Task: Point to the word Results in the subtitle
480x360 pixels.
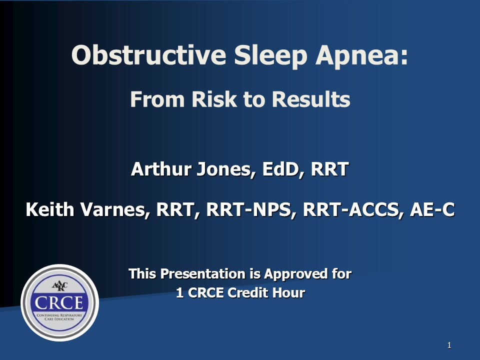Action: pyautogui.click(x=310, y=99)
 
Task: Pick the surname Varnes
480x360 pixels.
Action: pyautogui.click(x=115, y=210)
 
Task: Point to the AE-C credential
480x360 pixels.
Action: pyautogui.click(x=431, y=210)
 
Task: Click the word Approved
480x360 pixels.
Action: pyautogui.click(x=292, y=274)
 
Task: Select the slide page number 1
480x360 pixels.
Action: pyautogui.click(x=449, y=345)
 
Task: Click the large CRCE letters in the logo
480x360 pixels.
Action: pyautogui.click(x=59, y=302)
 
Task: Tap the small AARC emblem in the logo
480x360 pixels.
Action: pyautogui.click(x=59, y=286)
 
